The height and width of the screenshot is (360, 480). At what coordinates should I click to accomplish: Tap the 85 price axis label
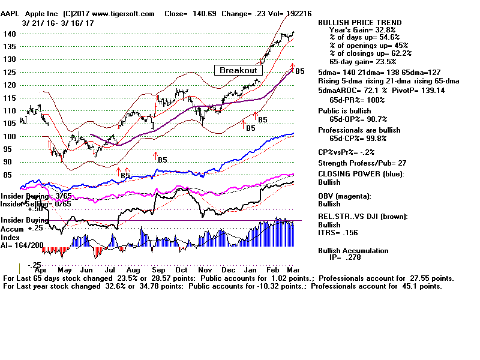(8, 175)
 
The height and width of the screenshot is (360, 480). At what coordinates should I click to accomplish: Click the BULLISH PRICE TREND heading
(360, 23)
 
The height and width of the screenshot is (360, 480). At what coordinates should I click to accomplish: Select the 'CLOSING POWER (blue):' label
(361, 175)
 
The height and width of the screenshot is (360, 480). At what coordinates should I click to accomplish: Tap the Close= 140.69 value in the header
(189, 13)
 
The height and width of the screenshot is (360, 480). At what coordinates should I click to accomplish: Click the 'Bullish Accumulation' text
(353, 250)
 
